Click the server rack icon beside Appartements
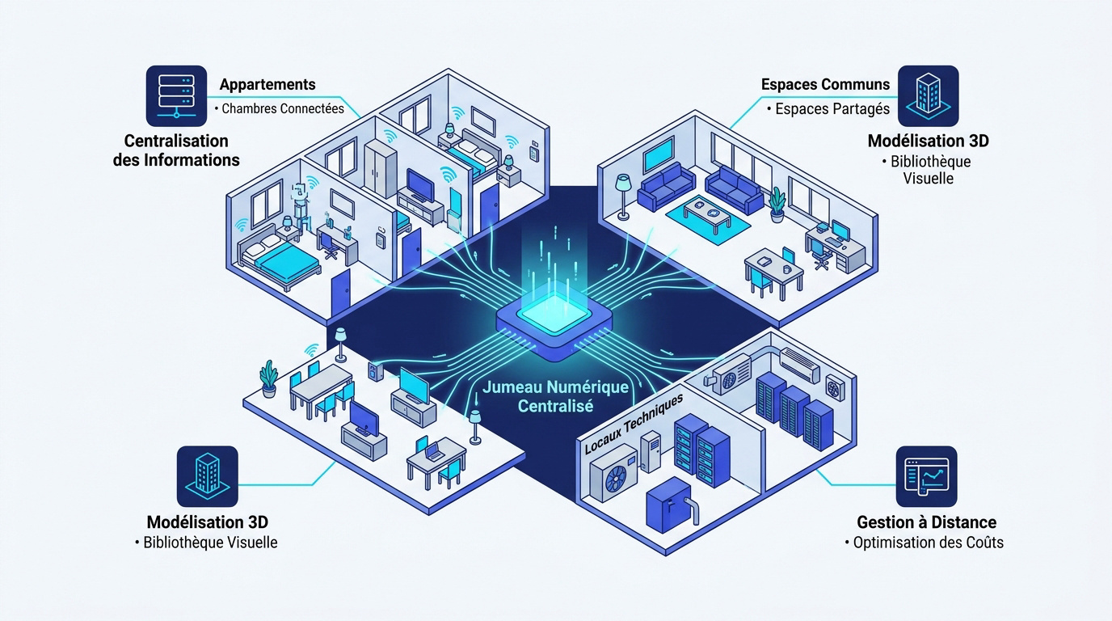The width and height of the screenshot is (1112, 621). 176,96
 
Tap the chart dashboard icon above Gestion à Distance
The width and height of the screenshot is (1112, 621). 926,476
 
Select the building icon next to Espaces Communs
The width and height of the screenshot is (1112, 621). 929,96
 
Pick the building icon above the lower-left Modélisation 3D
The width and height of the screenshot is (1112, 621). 208,476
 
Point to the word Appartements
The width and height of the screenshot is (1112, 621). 267,84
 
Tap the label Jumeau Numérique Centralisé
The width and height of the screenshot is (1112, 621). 555,396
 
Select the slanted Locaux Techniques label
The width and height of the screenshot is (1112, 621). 634,423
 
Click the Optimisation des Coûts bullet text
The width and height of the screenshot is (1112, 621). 928,542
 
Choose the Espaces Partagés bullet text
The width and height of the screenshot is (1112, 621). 832,109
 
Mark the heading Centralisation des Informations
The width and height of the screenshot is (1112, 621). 176,150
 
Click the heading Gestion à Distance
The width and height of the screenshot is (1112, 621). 926,522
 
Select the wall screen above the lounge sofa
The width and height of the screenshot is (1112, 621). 659,153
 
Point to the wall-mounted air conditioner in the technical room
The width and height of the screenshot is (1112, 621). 799,364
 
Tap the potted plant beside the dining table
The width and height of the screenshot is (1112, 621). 268,378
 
